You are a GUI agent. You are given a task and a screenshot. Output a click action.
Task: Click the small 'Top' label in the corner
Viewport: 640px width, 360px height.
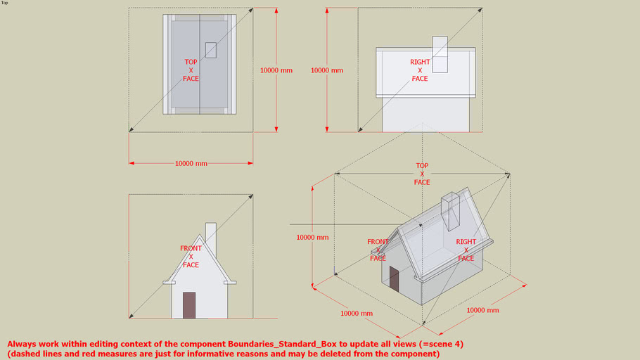pyautogui.click(x=4, y=3)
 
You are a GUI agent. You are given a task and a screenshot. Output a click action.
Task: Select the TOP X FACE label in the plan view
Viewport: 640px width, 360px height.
pyautogui.click(x=191, y=70)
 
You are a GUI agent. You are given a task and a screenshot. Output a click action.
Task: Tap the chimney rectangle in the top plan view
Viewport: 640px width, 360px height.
pyautogui.click(x=211, y=50)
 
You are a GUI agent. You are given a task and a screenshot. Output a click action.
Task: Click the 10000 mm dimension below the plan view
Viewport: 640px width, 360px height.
pyautogui.click(x=191, y=163)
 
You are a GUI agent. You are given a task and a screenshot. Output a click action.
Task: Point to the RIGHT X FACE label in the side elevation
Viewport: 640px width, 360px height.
pyautogui.click(x=420, y=70)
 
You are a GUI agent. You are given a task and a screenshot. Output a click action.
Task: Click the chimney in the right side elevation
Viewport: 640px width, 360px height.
pyautogui.click(x=440, y=54)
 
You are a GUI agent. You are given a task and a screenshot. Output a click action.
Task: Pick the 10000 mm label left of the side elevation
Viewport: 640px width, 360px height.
pyautogui.click(x=327, y=70)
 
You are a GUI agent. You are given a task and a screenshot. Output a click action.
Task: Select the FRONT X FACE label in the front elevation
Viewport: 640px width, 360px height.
pyautogui.click(x=191, y=257)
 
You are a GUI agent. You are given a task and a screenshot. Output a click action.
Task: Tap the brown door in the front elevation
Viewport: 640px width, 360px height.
pyautogui.click(x=189, y=305)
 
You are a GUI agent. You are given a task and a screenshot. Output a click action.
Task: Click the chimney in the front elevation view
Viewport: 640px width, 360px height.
pyautogui.click(x=210, y=239)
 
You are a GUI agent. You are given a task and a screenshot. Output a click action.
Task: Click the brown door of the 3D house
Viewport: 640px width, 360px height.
pyautogui.click(x=395, y=281)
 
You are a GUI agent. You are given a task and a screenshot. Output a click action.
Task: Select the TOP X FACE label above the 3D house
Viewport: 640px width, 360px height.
pyautogui.click(x=422, y=174)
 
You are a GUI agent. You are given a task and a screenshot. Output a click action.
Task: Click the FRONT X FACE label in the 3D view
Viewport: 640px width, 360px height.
pyautogui.click(x=378, y=250)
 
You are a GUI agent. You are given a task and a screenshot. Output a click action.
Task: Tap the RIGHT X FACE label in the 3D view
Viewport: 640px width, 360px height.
pyautogui.click(x=466, y=250)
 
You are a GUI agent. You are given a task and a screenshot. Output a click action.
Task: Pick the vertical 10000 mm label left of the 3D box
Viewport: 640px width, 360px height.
pyautogui.click(x=312, y=238)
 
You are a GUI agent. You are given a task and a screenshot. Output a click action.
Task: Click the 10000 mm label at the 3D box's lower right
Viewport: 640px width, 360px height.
pyautogui.click(x=482, y=310)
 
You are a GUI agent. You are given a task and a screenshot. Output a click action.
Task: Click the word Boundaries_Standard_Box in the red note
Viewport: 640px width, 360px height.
pyautogui.click(x=278, y=344)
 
